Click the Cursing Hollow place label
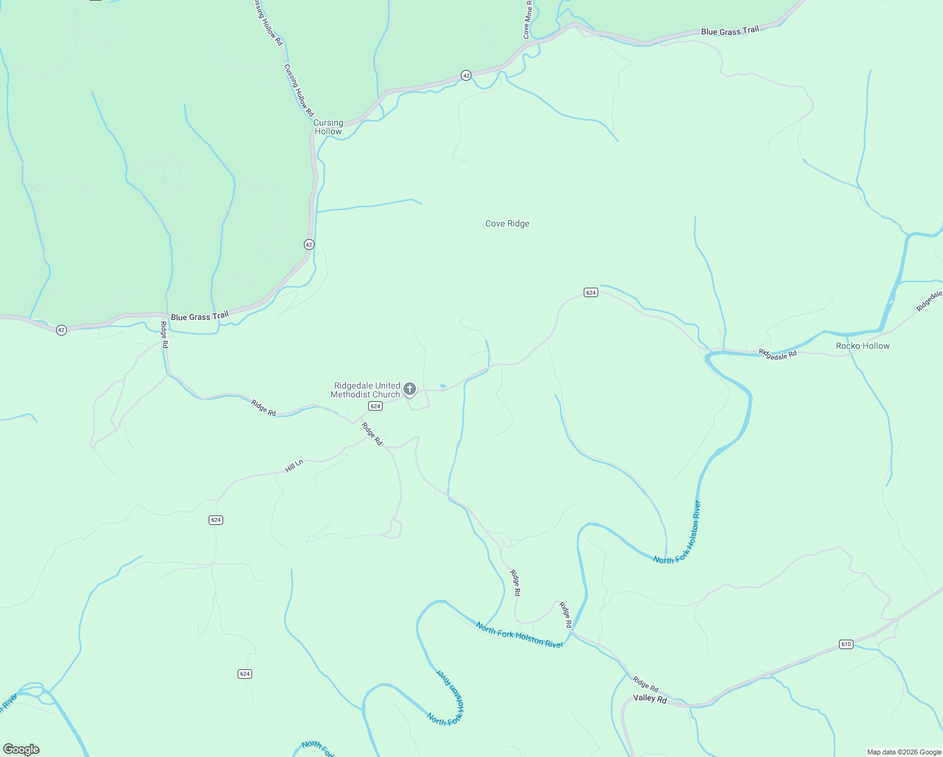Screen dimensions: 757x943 (328, 127)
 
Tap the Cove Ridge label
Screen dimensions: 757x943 (507, 223)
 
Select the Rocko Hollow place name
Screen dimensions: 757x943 (862, 346)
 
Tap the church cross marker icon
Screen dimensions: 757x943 (410, 389)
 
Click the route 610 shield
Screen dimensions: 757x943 (846, 644)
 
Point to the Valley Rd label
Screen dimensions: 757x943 (650, 699)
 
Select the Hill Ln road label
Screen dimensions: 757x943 (294, 466)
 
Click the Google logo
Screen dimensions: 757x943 (21, 749)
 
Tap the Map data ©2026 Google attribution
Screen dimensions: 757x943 (903, 752)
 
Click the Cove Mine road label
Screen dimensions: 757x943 (528, 20)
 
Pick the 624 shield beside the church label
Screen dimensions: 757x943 (376, 406)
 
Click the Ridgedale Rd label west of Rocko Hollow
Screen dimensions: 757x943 (778, 354)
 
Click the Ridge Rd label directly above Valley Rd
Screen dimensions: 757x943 (645, 684)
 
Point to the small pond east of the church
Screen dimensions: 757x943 (443, 385)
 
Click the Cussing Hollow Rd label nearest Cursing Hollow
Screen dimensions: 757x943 (299, 90)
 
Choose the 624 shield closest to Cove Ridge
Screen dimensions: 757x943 (591, 293)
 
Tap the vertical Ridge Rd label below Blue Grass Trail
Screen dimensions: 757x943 (164, 335)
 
